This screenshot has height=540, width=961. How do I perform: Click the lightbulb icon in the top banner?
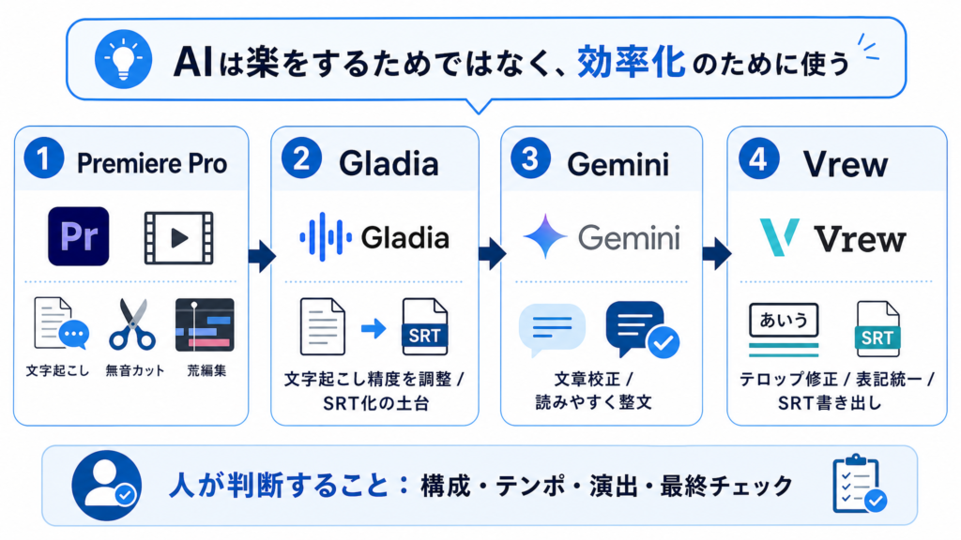tap(123, 59)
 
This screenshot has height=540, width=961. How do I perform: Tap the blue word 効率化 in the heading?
tap(632, 62)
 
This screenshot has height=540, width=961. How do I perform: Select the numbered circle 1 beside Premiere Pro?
tap(44, 157)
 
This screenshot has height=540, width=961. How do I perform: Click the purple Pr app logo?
tap(79, 236)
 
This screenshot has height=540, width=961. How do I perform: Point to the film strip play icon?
tap(179, 238)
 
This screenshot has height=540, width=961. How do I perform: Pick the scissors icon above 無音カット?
tap(132, 324)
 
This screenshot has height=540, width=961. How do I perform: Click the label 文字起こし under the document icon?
tap(57, 370)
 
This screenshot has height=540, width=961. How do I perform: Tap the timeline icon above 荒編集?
tap(205, 325)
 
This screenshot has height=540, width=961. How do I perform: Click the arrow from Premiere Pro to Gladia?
tap(262, 256)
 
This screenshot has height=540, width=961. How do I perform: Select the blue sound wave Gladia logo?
tap(326, 237)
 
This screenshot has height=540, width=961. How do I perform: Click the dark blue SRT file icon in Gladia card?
tap(425, 327)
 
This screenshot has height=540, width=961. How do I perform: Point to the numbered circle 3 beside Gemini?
tap(530, 157)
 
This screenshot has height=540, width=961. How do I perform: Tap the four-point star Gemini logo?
tap(545, 236)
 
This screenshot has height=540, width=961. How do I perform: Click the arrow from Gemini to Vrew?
tap(717, 253)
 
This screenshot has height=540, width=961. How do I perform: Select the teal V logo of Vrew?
tap(779, 236)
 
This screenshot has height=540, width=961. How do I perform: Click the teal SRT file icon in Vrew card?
tap(877, 329)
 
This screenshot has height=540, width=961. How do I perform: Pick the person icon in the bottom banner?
tap(107, 486)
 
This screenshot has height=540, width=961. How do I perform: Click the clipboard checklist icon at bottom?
tap(860, 485)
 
